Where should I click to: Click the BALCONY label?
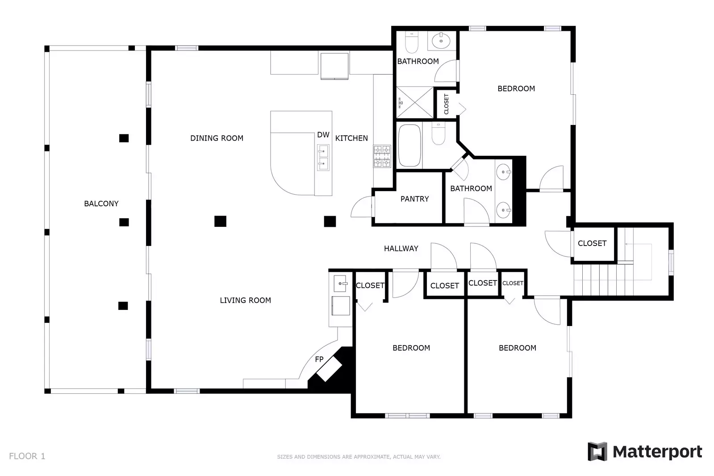(x=101, y=204)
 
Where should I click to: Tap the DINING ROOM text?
(x=217, y=138)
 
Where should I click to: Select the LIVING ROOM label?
(x=245, y=301)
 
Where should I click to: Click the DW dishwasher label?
(x=323, y=135)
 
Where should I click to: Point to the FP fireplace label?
(x=319, y=359)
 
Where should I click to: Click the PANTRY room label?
(x=414, y=199)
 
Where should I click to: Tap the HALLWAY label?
(x=401, y=249)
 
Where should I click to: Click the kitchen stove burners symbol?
(x=382, y=156)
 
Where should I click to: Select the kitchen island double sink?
(x=323, y=158)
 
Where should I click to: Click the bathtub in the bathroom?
(x=409, y=145)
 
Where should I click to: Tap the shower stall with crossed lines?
(x=415, y=103)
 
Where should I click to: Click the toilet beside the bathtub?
(x=438, y=135)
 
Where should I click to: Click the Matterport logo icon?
(x=597, y=451)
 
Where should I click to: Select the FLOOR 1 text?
(x=27, y=456)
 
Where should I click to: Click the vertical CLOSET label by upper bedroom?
(x=447, y=104)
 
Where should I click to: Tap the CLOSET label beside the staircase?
(x=592, y=243)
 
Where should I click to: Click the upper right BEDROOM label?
(x=516, y=89)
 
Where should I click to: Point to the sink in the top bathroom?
(x=442, y=41)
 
